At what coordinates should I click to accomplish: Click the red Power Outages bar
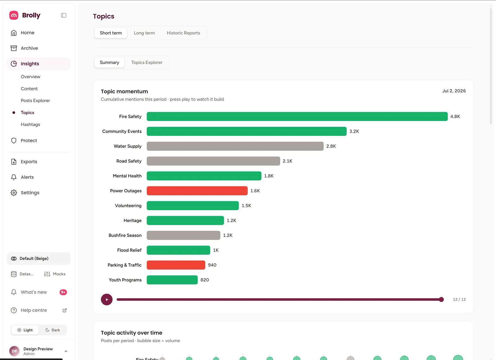pos(197,191)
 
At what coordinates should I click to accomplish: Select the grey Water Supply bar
pos(235,146)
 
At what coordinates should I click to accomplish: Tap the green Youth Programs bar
pos(172,280)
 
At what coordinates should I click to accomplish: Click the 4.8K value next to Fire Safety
pos(455,117)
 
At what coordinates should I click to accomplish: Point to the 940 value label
pos(212,265)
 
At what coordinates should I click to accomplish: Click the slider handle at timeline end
pos(441,300)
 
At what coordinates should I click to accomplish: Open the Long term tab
pos(144,33)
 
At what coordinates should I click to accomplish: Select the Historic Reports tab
pos(183,33)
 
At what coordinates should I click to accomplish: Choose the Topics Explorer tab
pos(147,62)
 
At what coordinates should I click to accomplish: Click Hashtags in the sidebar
pos(30,125)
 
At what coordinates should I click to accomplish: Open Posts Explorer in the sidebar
pos(35,100)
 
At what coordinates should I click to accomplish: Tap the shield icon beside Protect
pos(14,140)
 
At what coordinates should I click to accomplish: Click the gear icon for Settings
pos(14,193)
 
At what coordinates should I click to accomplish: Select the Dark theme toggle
pos(53,330)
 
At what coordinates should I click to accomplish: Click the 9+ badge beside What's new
pos(63,292)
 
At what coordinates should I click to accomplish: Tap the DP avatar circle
pos(14,351)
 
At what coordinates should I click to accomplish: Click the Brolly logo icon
pos(14,15)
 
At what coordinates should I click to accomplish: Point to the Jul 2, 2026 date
pos(454,91)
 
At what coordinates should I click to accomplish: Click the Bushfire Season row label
pos(125,235)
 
